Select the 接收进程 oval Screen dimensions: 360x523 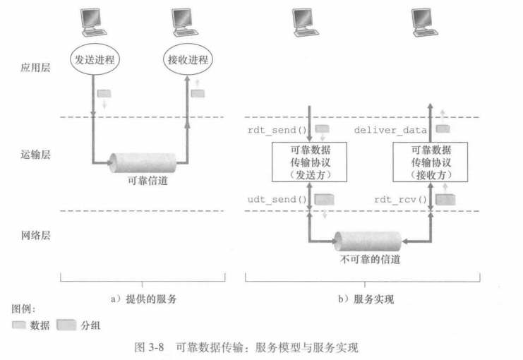(x=186, y=59)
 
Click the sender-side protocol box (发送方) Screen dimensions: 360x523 (x=310, y=162)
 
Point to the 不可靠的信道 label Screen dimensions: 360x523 (x=368, y=260)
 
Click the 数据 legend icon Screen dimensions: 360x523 (x=19, y=325)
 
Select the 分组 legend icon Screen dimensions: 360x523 (x=66, y=325)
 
